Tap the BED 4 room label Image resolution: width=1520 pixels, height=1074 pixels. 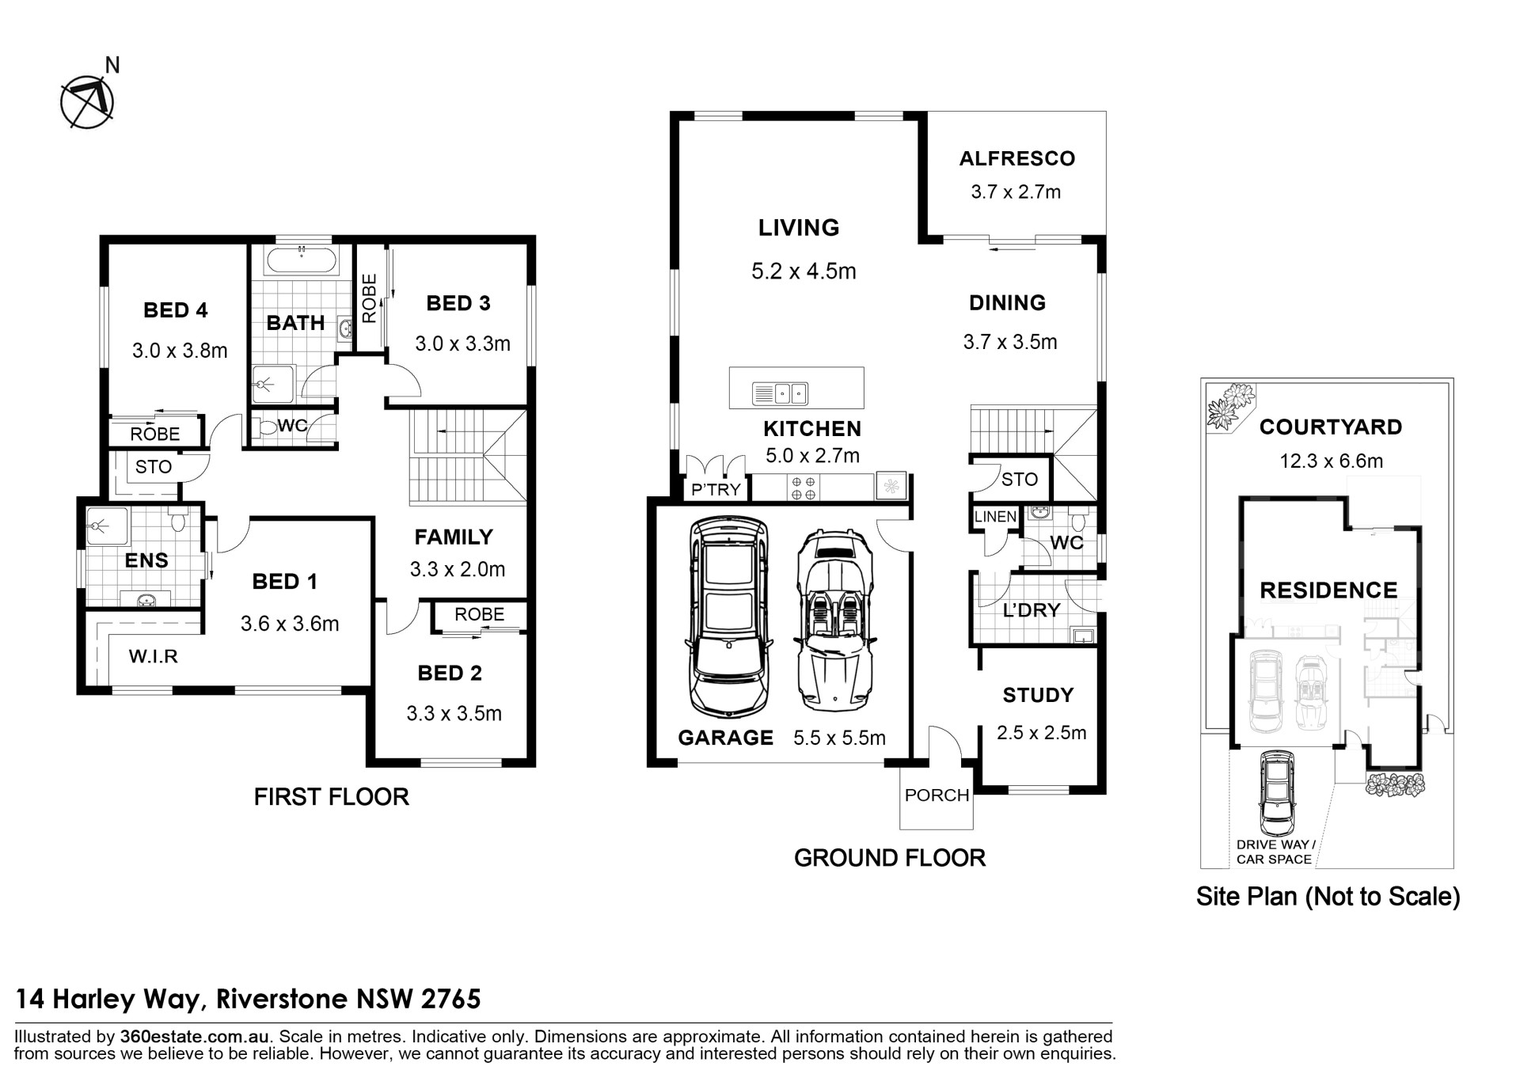(176, 310)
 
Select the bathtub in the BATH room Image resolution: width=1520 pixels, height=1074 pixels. (301, 260)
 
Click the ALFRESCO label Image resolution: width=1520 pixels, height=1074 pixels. (1017, 158)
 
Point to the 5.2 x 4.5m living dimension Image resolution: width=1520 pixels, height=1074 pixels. (804, 271)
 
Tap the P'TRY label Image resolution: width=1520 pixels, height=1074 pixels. (716, 490)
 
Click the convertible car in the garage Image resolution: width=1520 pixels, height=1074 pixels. (834, 620)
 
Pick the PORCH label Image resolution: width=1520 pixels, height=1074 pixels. (937, 795)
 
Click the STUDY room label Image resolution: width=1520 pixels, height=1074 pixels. (1038, 695)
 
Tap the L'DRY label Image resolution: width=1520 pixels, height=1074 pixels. (1031, 610)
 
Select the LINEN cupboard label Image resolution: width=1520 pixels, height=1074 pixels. (995, 517)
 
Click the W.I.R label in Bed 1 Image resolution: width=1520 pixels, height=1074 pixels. (154, 655)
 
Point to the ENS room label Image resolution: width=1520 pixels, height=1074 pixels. (146, 560)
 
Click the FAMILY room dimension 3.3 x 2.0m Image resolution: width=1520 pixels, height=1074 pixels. (457, 569)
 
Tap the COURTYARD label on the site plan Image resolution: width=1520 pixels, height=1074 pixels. (1330, 427)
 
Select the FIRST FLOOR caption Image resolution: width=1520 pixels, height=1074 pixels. (331, 796)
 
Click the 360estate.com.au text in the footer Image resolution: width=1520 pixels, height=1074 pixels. (195, 1037)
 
